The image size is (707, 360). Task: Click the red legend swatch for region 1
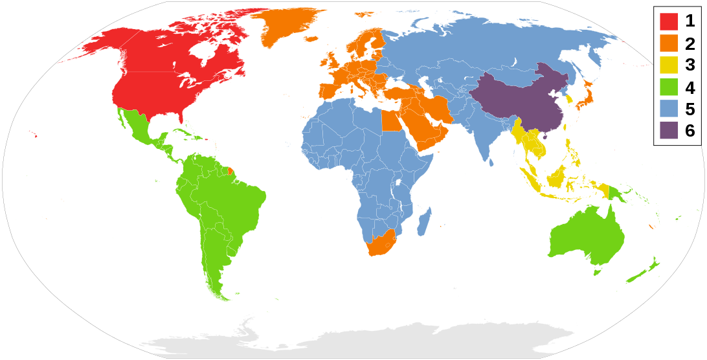point(669,21)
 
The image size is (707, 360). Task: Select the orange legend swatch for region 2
point(669,43)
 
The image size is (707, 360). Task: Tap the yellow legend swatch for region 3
point(669,65)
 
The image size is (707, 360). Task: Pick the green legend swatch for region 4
point(669,87)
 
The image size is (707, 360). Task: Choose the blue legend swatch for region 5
point(669,108)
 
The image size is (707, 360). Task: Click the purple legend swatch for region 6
point(669,130)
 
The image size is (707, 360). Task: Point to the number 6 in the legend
point(690,130)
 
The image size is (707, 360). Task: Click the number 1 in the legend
point(690,21)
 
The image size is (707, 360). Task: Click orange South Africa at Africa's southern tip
point(379,244)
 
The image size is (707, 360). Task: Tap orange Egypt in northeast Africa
point(389,120)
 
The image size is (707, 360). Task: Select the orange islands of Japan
point(586,97)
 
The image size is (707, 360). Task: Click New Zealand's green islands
point(647,269)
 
